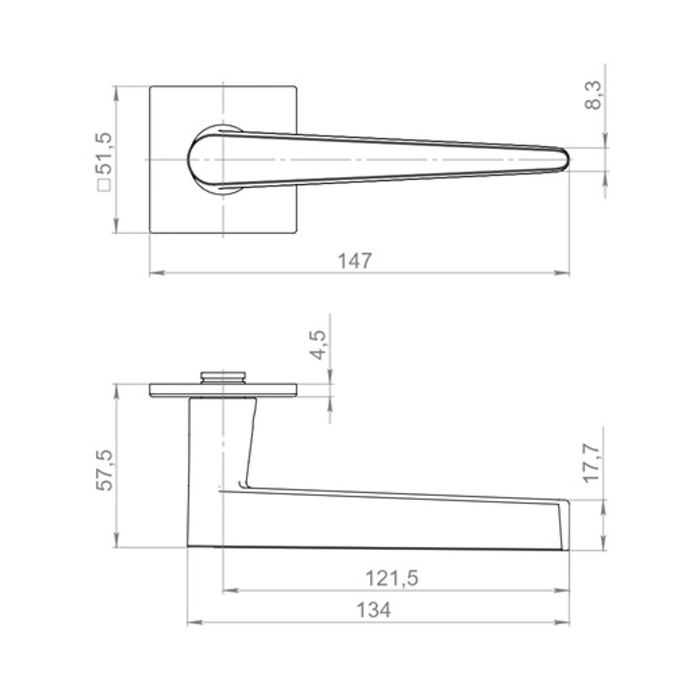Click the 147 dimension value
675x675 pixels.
pyautogui.click(x=354, y=261)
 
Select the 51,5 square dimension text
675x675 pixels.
pyautogui.click(x=104, y=154)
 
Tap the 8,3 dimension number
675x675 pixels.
pyautogui.click(x=593, y=96)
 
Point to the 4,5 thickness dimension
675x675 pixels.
pyautogui.click(x=319, y=344)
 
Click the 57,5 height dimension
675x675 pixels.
pyautogui.click(x=104, y=470)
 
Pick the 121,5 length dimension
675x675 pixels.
pyautogui.click(x=391, y=578)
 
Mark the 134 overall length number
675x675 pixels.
pyautogui.click(x=374, y=610)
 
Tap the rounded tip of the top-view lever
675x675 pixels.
pyautogui.click(x=567, y=159)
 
